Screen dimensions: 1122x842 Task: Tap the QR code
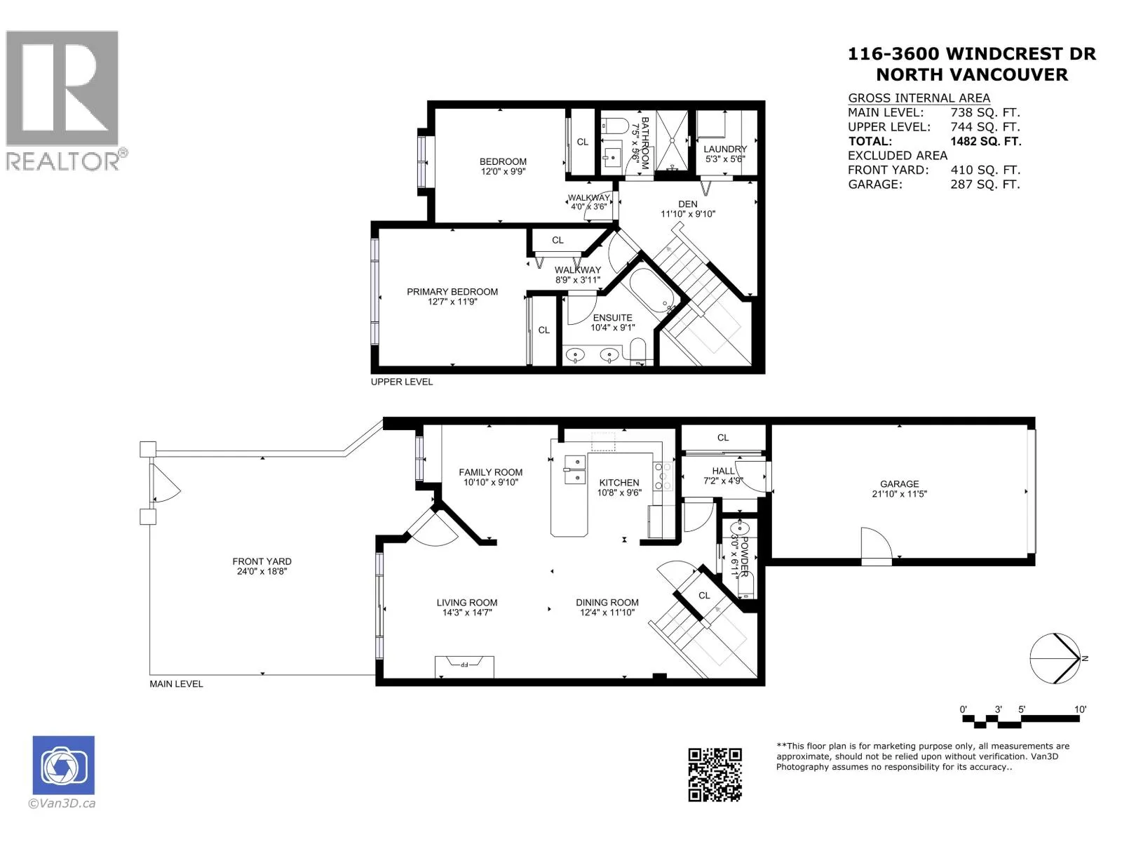[714, 775]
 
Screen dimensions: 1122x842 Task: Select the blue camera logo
[63, 765]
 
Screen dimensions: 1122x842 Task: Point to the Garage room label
[899, 483]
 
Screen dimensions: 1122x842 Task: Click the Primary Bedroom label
[452, 292]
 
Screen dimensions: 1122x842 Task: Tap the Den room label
[687, 204]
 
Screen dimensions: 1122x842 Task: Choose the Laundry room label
[725, 149]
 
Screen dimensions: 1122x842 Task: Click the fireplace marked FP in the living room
[464, 666]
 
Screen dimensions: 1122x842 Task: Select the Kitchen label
[619, 483]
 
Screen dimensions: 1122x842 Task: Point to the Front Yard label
[262, 561]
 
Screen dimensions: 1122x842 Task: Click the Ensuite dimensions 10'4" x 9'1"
[612, 327]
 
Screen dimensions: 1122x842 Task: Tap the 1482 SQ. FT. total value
[985, 141]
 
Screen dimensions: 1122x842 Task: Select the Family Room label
[490, 472]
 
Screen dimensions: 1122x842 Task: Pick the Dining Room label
[607, 602]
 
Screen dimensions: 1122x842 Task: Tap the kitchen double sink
[574, 469]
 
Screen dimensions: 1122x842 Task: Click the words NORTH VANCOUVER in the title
[972, 74]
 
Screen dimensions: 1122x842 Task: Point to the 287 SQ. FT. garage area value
[985, 184]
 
